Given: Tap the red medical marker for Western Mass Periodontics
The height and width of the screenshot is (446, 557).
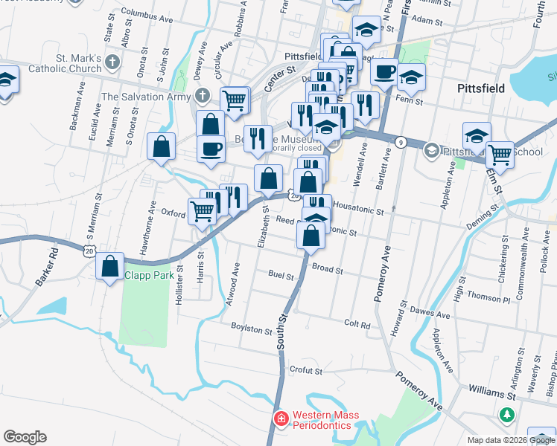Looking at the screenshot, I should (281, 419).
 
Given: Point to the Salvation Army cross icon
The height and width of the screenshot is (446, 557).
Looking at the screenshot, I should (201, 96).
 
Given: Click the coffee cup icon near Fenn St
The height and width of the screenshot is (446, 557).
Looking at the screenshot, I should (384, 73).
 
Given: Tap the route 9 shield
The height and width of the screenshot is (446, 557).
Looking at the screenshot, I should (401, 142).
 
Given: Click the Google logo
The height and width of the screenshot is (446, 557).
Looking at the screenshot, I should (25, 437).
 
